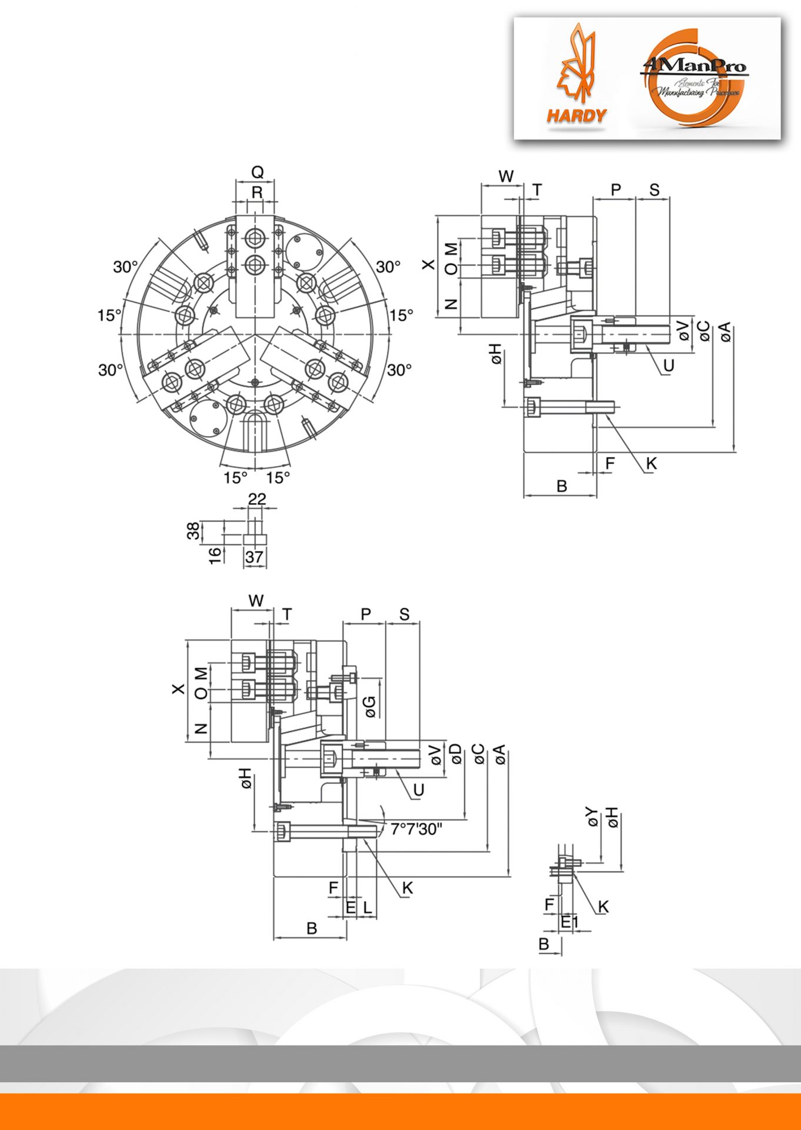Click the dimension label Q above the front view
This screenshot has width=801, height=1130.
(x=258, y=172)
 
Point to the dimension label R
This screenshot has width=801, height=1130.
(x=257, y=192)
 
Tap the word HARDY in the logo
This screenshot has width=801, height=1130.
(x=576, y=115)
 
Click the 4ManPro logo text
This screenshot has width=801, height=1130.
(x=694, y=66)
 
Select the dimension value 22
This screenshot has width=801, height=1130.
(x=257, y=499)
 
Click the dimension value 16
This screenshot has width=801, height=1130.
(x=215, y=554)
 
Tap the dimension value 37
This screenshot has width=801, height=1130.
(x=254, y=557)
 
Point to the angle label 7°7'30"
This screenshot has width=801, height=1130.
(x=416, y=829)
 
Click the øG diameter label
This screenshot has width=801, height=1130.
(x=370, y=707)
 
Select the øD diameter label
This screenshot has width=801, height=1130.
(x=456, y=754)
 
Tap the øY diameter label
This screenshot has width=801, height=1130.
(x=592, y=817)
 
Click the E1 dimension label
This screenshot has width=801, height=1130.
(x=569, y=922)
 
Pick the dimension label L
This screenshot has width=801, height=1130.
(x=368, y=908)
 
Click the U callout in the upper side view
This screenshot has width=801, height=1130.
(x=668, y=365)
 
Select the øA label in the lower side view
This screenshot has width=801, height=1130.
(x=500, y=754)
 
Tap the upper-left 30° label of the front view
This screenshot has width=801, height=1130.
(x=125, y=267)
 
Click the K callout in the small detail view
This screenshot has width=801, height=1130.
(x=603, y=907)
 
